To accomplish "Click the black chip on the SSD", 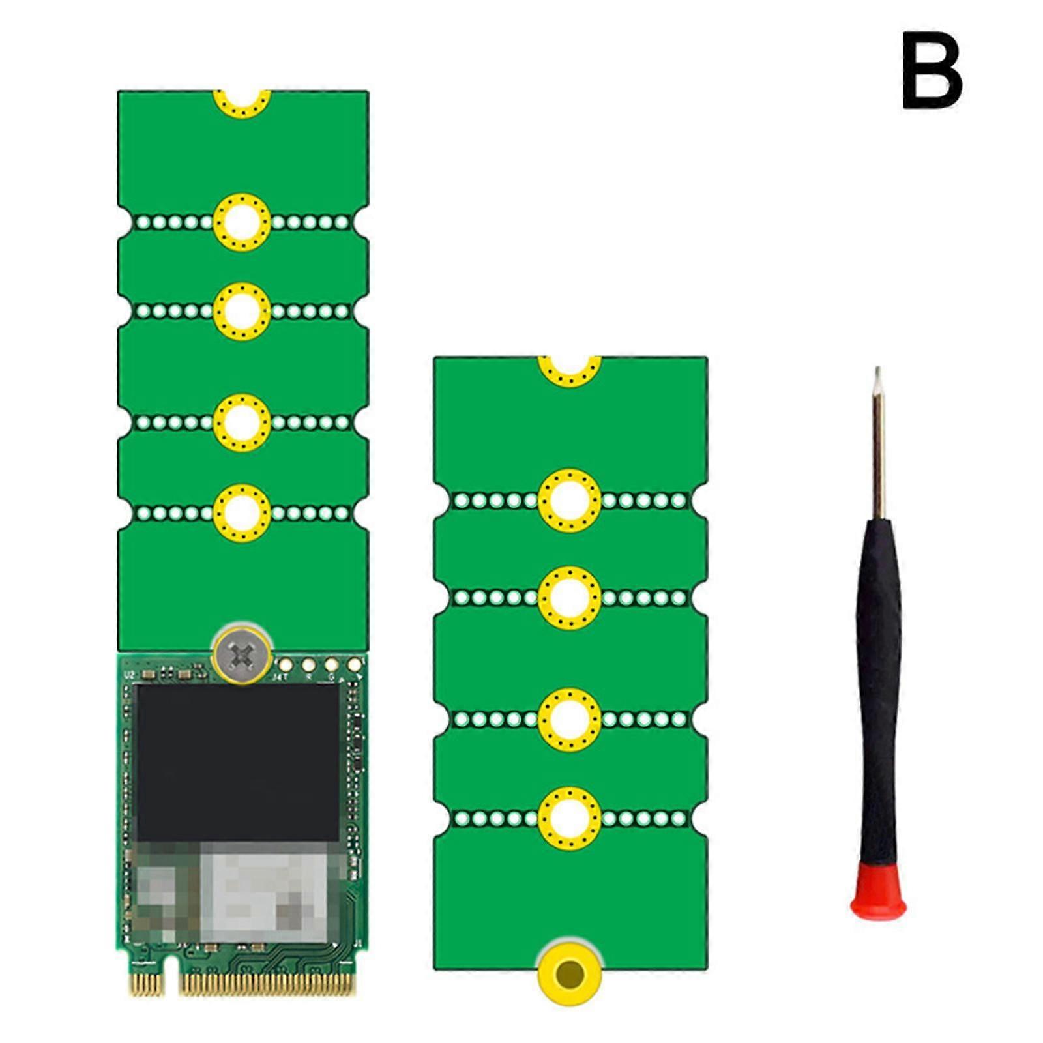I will pos(238,763).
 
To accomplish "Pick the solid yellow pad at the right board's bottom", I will pos(569,973).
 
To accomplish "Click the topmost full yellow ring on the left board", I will pos(242,222).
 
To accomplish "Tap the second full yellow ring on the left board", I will pos(242,312).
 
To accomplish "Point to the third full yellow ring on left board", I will pos(242,422).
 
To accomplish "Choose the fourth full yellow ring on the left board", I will pos(242,512).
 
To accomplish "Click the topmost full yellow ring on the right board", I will pos(569,500).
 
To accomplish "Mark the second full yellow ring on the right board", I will pos(569,597).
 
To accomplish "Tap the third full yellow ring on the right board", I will pos(569,720).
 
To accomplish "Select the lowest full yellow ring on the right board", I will pos(569,817).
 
